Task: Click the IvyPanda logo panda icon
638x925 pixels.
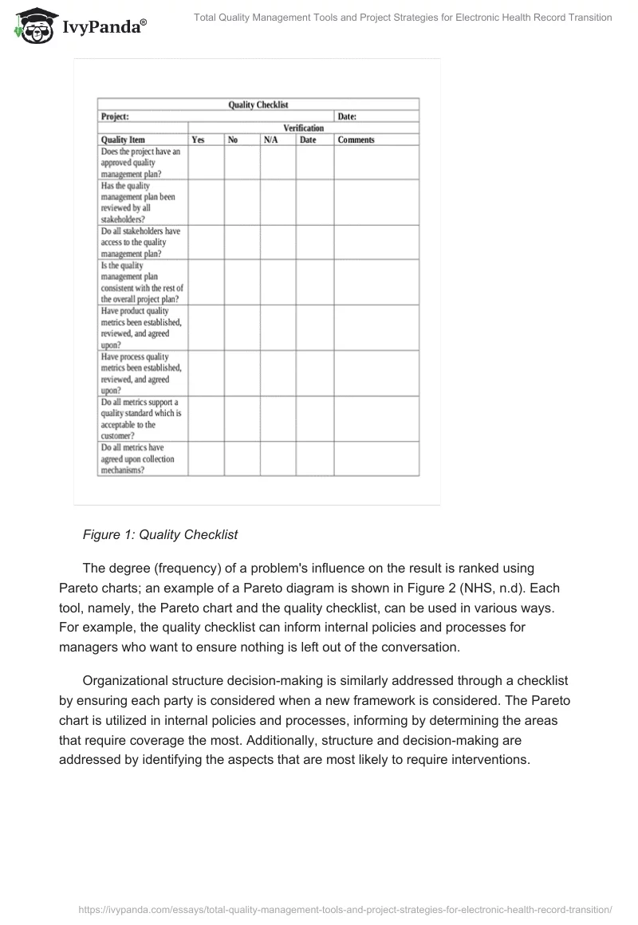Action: click(x=32, y=26)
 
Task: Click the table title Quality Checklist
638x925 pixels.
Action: click(x=258, y=104)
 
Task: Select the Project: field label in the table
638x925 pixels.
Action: click(x=116, y=116)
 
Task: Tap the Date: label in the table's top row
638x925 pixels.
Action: click(x=347, y=116)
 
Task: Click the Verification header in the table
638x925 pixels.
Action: click(x=303, y=128)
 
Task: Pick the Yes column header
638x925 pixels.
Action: click(x=198, y=140)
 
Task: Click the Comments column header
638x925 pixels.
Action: click(x=356, y=140)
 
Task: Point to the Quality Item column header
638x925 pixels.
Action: click(x=123, y=140)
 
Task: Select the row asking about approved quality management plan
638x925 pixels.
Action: click(x=141, y=162)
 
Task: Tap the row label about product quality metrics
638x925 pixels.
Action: click(x=141, y=328)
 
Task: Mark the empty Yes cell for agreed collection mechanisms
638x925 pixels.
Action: click(x=206, y=459)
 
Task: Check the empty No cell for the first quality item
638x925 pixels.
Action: click(x=242, y=162)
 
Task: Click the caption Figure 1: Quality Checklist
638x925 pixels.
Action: click(x=160, y=534)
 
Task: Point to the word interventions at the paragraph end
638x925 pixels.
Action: click(x=486, y=759)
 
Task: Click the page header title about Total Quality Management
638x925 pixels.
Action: click(x=404, y=18)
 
